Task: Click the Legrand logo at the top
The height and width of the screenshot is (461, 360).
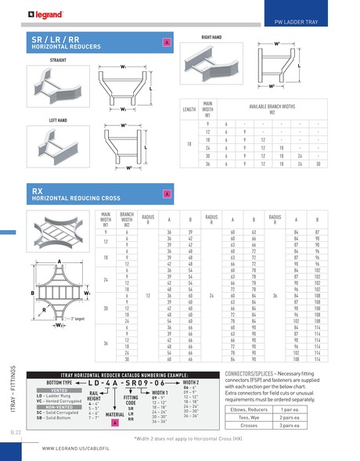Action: (31, 12)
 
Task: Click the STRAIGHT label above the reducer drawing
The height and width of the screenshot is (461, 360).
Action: (41, 59)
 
